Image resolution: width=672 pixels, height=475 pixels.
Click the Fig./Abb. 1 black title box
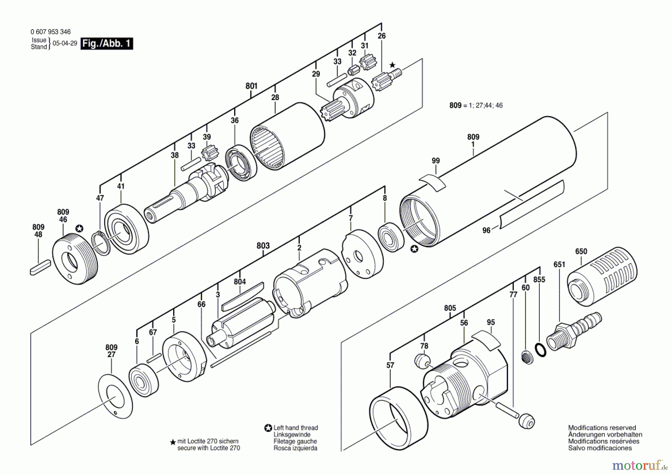click(x=107, y=43)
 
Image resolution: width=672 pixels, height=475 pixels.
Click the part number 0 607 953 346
click(x=50, y=32)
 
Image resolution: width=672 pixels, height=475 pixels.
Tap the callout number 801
click(x=251, y=86)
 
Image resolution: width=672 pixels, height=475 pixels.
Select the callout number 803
click(x=263, y=245)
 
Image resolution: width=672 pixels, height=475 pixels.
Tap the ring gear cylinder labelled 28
click(x=287, y=136)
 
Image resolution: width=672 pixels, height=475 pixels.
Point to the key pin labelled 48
click(x=39, y=267)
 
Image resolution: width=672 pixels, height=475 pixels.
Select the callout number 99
click(x=436, y=161)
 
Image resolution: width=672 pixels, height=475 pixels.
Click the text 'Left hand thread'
click(x=295, y=428)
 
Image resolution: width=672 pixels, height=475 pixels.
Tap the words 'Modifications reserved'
click(x=602, y=428)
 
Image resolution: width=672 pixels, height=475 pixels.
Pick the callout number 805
click(x=450, y=308)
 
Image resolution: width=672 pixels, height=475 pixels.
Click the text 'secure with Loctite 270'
click(x=208, y=448)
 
